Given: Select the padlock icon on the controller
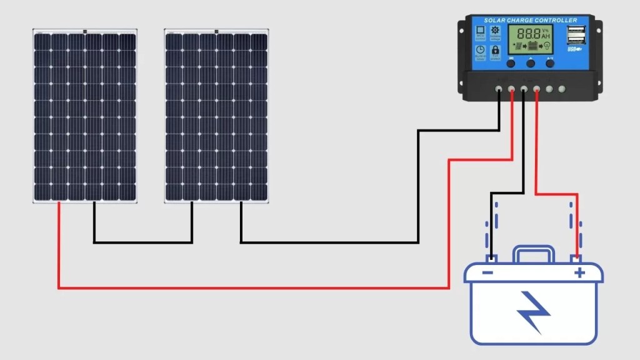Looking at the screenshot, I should (496, 49).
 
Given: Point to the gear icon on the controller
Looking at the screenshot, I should (496, 30).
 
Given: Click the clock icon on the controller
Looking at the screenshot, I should (480, 49).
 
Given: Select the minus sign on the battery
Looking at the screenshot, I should (487, 272).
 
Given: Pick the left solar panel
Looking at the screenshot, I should (85, 116).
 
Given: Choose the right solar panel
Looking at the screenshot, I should (216, 116).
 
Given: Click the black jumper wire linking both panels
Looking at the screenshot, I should (142, 242).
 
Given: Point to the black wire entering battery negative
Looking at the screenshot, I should (491, 225).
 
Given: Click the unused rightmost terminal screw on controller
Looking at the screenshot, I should (562, 89).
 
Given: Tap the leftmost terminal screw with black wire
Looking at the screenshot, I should (498, 89).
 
